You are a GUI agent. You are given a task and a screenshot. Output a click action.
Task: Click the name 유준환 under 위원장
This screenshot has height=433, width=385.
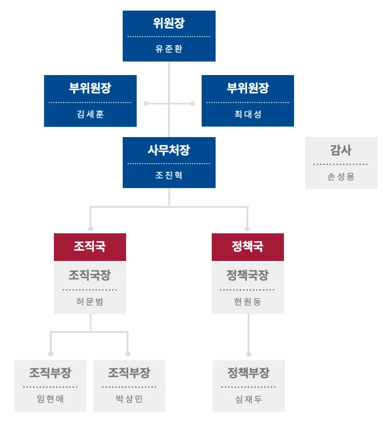169,49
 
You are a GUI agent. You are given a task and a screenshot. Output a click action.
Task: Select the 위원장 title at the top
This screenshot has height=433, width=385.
169,23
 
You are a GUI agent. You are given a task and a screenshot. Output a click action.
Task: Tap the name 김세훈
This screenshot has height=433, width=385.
90,114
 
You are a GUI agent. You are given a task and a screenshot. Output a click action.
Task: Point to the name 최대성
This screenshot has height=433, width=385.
248,114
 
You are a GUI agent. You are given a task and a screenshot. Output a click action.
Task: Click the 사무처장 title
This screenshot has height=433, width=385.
169,150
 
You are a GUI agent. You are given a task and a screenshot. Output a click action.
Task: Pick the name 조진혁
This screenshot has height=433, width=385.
169,175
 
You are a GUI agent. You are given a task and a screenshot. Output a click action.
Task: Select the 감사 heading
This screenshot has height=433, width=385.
341,150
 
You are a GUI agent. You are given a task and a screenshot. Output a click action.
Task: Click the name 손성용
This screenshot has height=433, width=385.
341,176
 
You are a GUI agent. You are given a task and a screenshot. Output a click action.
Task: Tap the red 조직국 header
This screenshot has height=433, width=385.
90,247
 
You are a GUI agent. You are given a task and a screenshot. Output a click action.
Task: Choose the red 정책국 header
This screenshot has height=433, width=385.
248,247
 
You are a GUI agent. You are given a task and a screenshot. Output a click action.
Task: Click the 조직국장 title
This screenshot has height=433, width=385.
90,275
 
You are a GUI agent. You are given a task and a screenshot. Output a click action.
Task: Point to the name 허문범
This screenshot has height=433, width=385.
90,302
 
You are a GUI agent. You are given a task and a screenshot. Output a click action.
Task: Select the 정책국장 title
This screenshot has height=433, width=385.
248,275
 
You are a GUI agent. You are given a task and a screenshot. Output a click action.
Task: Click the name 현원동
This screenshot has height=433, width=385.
248,302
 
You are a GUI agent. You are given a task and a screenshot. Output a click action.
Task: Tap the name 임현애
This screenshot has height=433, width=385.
51,399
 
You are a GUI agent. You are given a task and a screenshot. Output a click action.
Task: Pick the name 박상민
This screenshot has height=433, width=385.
129,399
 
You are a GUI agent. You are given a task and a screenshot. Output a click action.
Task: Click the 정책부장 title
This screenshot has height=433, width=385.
249,372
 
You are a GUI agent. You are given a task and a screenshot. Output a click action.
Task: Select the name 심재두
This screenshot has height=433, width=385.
249,399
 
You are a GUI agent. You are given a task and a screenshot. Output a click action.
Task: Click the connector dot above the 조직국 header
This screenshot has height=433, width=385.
90,229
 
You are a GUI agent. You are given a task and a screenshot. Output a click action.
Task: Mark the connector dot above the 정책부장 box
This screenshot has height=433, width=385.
249,354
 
